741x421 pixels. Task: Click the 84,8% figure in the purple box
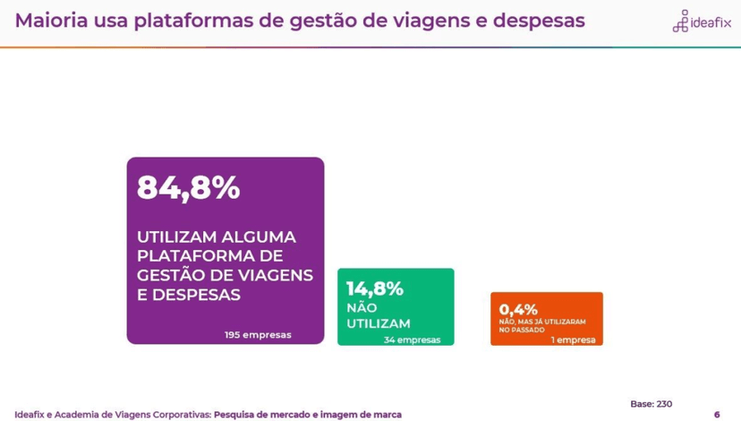pyautogui.click(x=188, y=189)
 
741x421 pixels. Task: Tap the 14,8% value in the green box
pyautogui.click(x=374, y=288)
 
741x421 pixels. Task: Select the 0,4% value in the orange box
pyautogui.click(x=518, y=309)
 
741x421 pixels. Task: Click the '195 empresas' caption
pyautogui.click(x=258, y=335)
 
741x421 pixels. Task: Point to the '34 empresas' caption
pyautogui.click(x=412, y=340)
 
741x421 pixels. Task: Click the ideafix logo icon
pyautogui.click(x=681, y=21)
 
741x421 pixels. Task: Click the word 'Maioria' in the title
pyautogui.click(x=51, y=20)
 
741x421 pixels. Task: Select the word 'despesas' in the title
pyautogui.click(x=536, y=21)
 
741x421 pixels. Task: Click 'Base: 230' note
pyautogui.click(x=651, y=404)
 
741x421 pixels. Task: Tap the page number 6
pyautogui.click(x=717, y=414)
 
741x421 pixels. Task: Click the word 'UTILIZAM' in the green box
pyautogui.click(x=378, y=323)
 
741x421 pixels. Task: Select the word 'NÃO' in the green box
pyautogui.click(x=362, y=307)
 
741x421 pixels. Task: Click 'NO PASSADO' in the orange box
pyautogui.click(x=518, y=330)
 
